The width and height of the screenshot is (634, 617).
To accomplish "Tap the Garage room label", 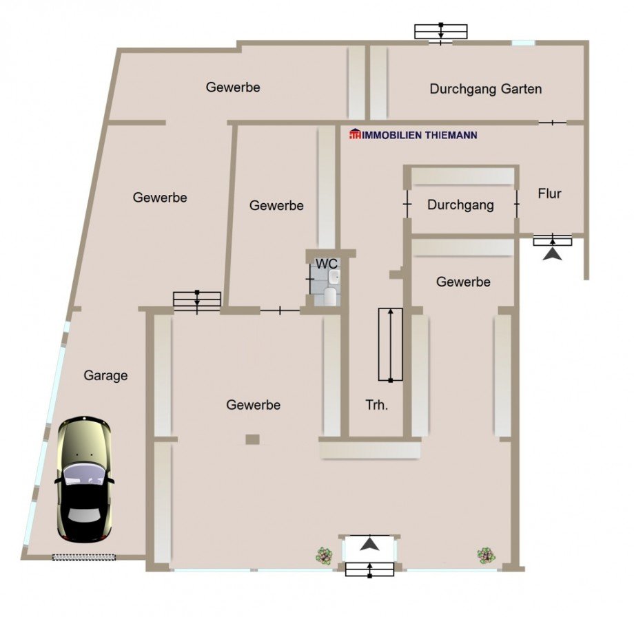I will click(106, 375).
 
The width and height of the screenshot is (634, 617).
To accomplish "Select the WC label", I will click(327, 264).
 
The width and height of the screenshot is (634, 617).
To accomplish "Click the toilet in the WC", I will click(330, 296).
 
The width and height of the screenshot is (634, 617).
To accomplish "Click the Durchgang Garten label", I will click(485, 89).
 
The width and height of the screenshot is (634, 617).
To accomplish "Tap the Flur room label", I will click(549, 194).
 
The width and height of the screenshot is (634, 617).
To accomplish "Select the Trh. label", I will click(377, 405).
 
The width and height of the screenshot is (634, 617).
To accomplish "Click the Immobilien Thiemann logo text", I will click(413, 135).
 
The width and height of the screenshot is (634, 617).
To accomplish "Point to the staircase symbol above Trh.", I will click(391, 345).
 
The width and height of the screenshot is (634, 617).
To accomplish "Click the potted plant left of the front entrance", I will click(323, 554).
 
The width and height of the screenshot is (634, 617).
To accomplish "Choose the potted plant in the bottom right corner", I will click(486, 554).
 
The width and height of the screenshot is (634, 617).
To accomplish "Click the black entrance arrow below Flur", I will click(552, 255).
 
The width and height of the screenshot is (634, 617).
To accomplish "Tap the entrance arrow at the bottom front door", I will click(370, 543).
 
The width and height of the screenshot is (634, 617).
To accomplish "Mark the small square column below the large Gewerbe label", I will click(253, 439).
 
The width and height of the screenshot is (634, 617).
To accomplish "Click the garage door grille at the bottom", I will click(86, 556).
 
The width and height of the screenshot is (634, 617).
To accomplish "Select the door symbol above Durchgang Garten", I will click(441, 32).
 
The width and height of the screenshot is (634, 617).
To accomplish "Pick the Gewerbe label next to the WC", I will click(276, 205).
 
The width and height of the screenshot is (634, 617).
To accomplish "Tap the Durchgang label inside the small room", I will click(460, 205).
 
